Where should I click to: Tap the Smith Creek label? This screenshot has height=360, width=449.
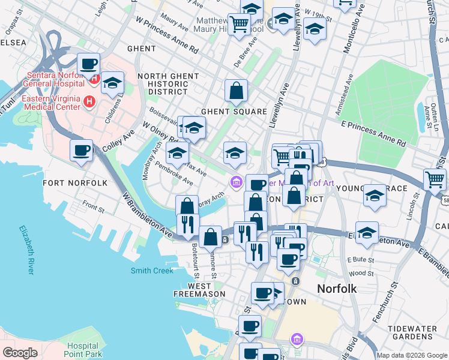[x=152, y=271]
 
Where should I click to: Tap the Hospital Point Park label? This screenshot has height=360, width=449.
[x=82, y=350]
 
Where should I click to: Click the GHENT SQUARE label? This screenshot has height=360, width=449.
[x=234, y=112]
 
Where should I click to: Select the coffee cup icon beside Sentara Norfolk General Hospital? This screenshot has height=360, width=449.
[x=89, y=63]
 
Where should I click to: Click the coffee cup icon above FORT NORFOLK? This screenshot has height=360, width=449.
[x=81, y=150]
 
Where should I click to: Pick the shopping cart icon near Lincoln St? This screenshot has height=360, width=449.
[x=434, y=179]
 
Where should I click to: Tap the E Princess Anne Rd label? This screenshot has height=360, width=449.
[x=373, y=133]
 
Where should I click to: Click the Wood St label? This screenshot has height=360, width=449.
[x=360, y=273]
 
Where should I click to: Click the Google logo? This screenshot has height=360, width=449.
[x=20, y=352]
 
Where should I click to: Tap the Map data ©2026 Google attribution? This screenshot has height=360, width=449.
[x=411, y=355]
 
